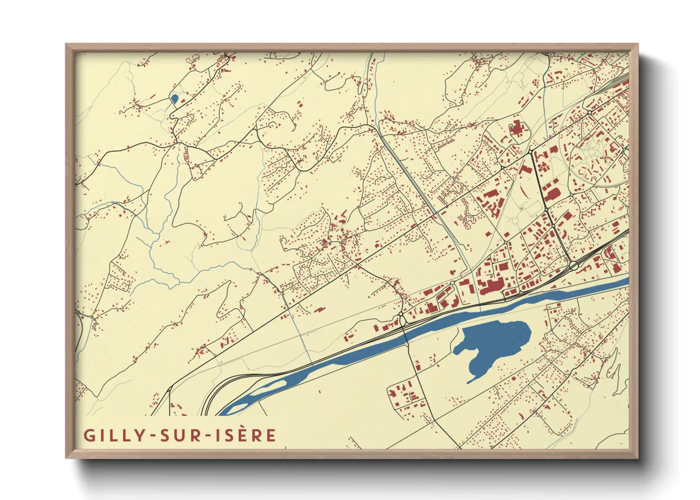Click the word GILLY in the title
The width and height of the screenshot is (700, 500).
(x=114, y=435)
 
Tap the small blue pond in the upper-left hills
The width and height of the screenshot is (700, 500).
(x=174, y=99)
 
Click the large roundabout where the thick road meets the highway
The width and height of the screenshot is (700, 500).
(x=574, y=266)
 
